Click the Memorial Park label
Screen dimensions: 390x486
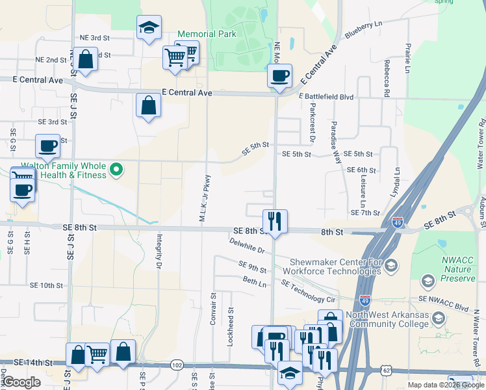point(207,34)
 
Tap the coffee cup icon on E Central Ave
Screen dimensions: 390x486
point(279,75)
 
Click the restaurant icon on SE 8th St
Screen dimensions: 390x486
point(275,222)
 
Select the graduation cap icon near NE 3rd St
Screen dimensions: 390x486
point(149,27)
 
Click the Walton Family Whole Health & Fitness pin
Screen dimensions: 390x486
point(116,170)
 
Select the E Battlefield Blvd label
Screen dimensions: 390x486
point(326,96)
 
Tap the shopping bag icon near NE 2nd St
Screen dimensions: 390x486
point(85,58)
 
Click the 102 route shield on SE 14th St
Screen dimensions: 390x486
point(177,365)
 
